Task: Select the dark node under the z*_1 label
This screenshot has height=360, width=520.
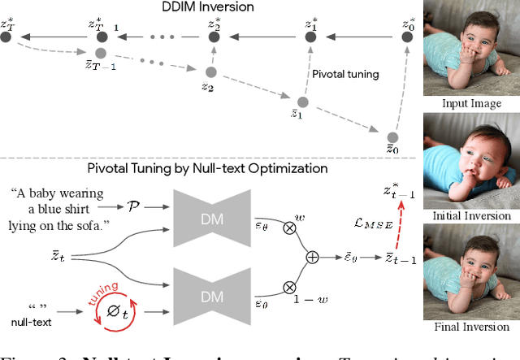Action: (x=310, y=36)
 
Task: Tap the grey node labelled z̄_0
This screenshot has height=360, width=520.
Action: (x=392, y=137)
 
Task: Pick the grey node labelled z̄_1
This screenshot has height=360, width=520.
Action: (x=303, y=102)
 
